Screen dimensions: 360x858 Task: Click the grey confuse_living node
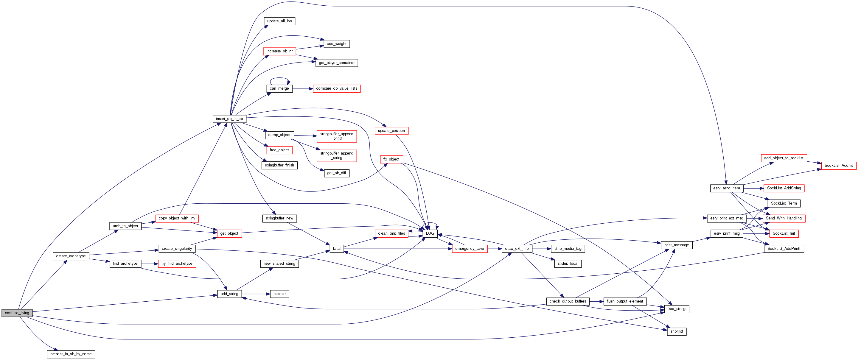[17, 313]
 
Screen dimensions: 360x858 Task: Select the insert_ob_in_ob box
[229, 119]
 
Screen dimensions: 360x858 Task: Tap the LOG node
[430, 233]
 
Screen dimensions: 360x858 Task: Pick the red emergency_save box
[469, 249]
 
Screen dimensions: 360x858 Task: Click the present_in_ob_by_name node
[71, 354]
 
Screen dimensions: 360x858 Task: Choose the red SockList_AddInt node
[838, 166]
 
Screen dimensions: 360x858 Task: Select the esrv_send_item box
[726, 188]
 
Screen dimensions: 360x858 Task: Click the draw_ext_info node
[517, 249]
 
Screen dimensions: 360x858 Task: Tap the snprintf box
[677, 332]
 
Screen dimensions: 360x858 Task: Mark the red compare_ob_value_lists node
[336, 88]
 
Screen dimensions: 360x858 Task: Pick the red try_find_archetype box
[177, 264]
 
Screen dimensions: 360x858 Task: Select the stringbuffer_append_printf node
[336, 136]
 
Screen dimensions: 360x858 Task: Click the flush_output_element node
[624, 301]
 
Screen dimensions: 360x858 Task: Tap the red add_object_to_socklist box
[784, 158]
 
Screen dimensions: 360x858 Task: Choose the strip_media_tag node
[568, 249]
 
